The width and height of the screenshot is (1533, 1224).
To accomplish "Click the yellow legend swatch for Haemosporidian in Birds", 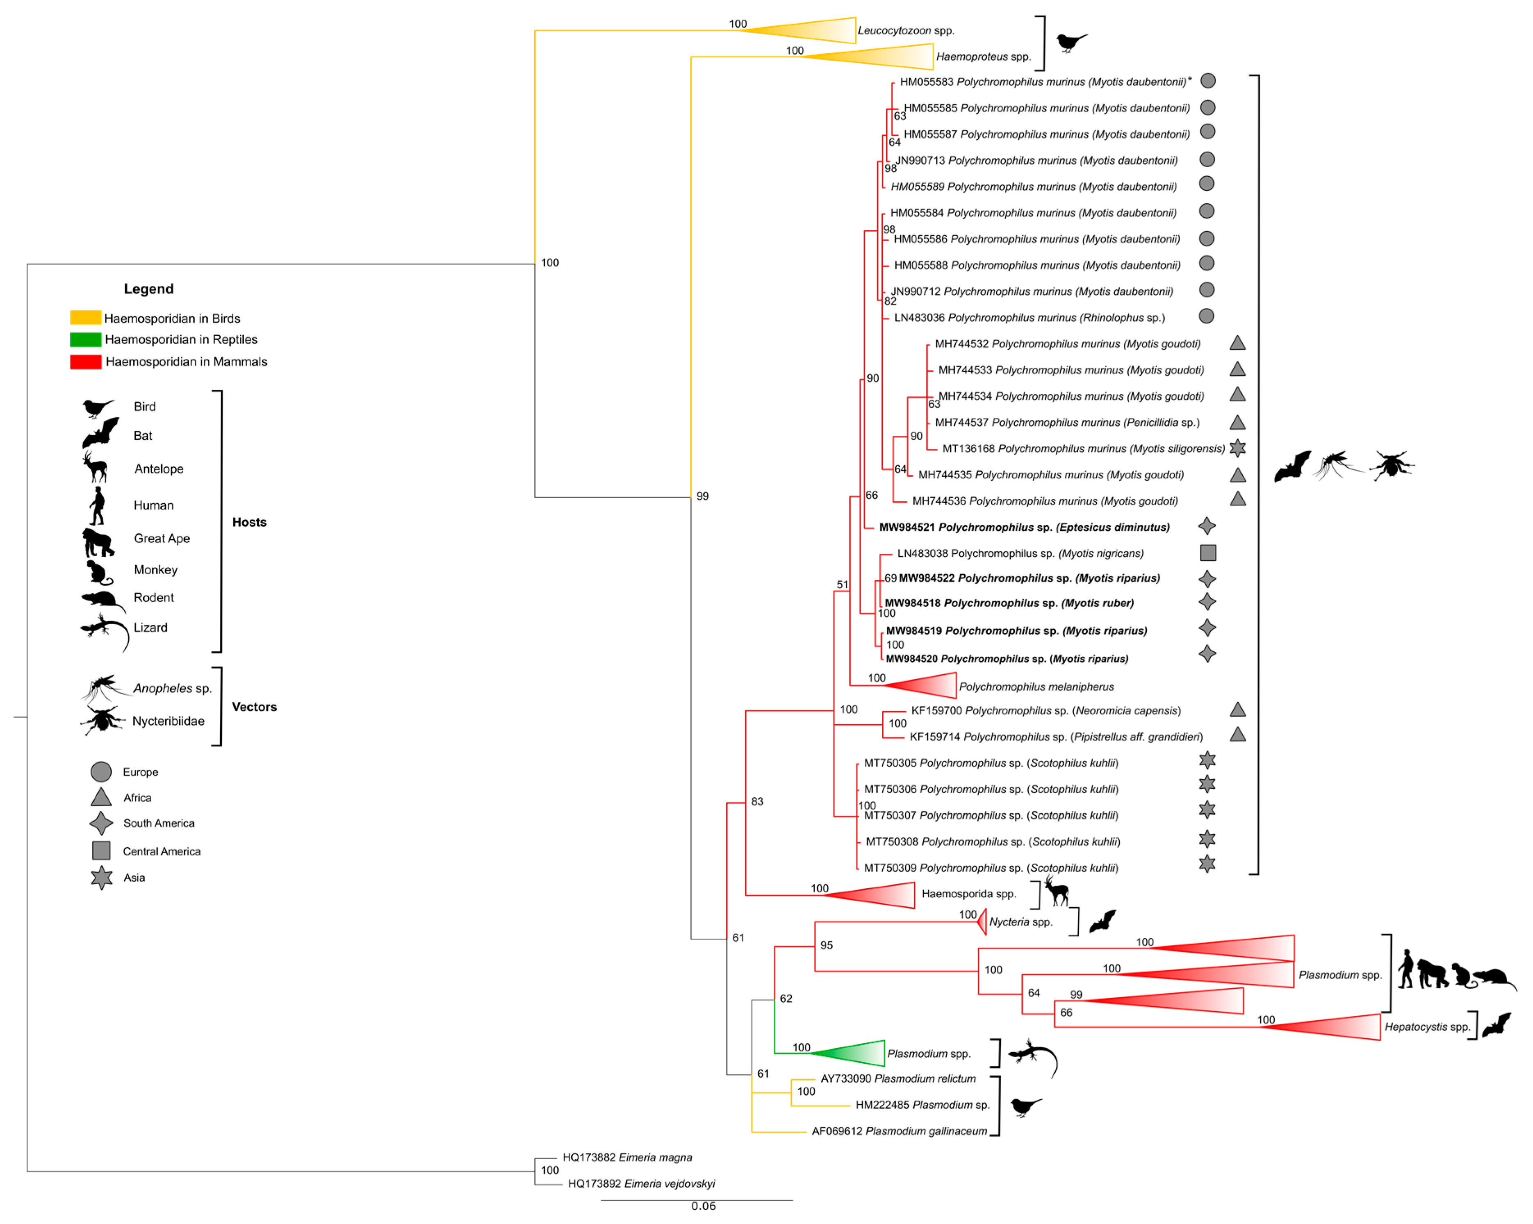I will coord(85,318).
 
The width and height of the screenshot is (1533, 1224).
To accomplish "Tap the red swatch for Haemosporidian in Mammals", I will coord(85,362).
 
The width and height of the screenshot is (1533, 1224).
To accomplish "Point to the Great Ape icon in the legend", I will coord(98,542).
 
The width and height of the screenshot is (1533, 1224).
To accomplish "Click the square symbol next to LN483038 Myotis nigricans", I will coord(1207,553).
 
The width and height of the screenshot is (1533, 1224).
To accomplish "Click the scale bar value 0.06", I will coord(703,1206).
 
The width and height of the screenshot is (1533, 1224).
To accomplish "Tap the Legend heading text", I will coord(148,289).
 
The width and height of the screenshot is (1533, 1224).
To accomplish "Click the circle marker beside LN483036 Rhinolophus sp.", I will coord(1207,316).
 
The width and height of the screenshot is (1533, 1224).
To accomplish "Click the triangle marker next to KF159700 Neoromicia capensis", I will coord(1237,710).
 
